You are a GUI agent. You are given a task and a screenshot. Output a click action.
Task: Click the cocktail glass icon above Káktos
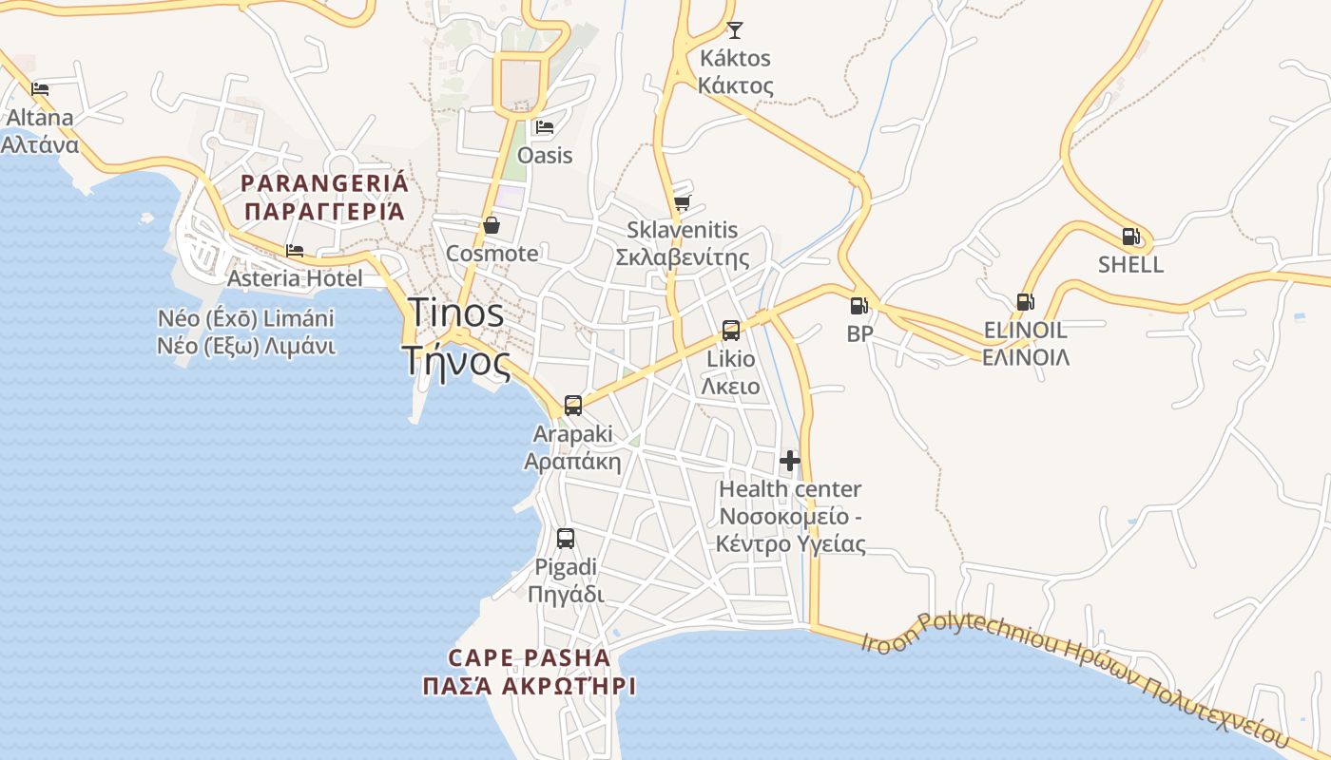tap(735, 30)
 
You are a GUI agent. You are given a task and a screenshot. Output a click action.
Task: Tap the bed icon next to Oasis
tap(544, 127)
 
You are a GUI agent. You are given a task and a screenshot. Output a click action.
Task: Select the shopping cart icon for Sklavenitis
tap(682, 202)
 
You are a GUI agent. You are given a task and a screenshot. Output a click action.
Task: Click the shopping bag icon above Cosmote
tap(492, 225)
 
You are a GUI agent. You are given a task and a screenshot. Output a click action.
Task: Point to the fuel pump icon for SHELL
tap(1130, 237)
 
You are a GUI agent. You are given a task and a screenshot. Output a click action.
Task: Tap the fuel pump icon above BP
tap(858, 306)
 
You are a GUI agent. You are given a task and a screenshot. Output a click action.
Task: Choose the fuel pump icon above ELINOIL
tap(1025, 302)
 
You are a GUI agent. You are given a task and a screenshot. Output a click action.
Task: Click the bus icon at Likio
tap(730, 331)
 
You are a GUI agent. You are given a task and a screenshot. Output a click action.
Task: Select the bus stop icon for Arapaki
tap(572, 406)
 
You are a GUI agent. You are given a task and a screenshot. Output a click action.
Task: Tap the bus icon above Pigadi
tap(566, 539)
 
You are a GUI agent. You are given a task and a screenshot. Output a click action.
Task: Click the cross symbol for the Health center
tap(790, 462)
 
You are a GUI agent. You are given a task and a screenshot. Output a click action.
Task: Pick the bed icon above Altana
tap(40, 89)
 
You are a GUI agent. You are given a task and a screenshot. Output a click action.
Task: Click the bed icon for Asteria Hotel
tap(295, 251)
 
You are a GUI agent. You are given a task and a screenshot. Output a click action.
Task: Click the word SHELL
tap(1130, 264)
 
